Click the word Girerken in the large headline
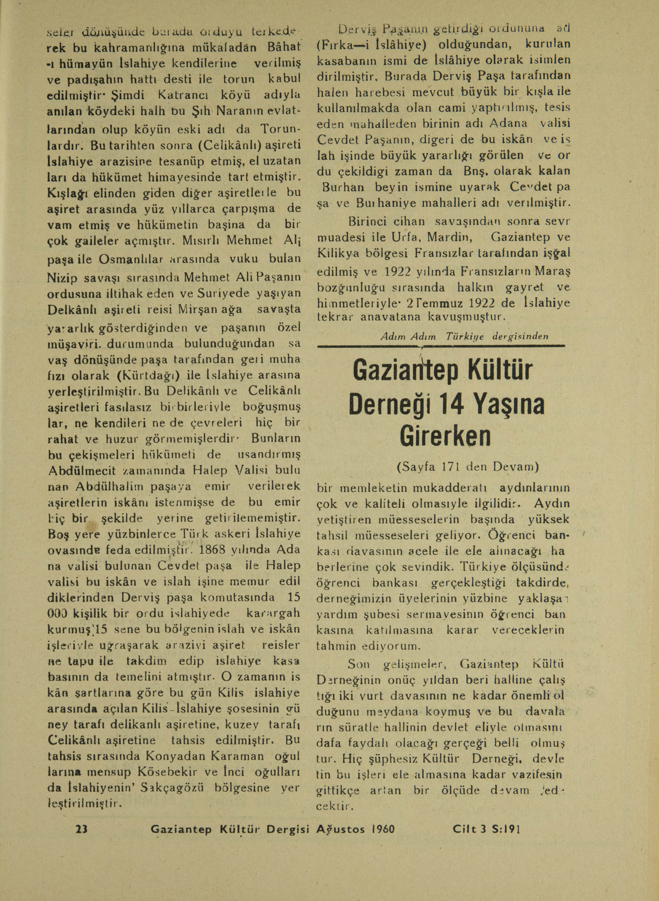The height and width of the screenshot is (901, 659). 445,437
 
